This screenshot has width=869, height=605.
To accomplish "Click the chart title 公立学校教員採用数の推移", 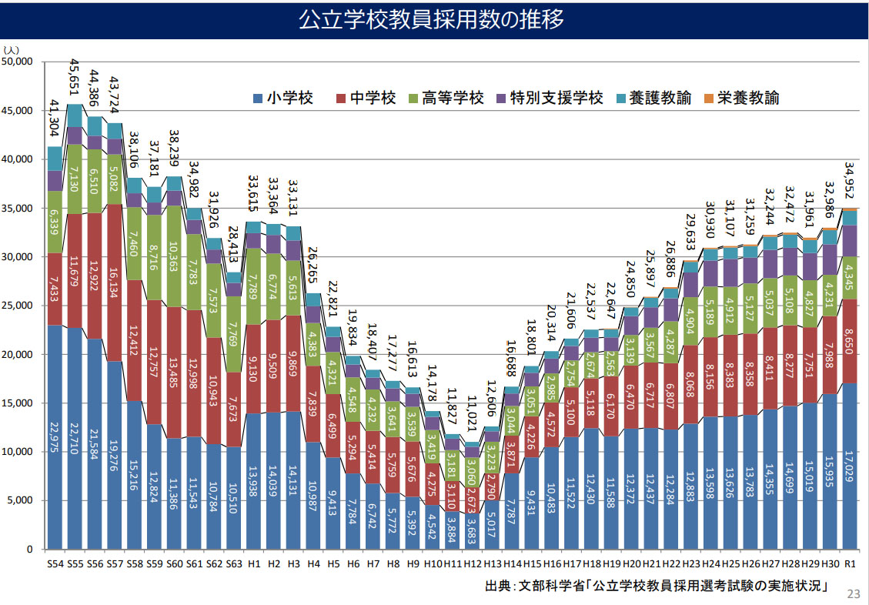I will (x=434, y=19).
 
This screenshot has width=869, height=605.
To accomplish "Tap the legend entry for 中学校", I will (x=366, y=99).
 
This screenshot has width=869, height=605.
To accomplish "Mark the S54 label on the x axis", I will (x=55, y=564).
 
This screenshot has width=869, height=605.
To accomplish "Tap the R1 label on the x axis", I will (x=850, y=564).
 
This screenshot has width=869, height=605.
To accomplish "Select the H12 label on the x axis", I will (x=473, y=564).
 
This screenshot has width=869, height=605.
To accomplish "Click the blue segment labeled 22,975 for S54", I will (x=55, y=436).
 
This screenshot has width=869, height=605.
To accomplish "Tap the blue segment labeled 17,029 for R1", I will (x=850, y=466).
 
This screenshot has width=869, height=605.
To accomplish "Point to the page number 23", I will (x=853, y=593).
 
